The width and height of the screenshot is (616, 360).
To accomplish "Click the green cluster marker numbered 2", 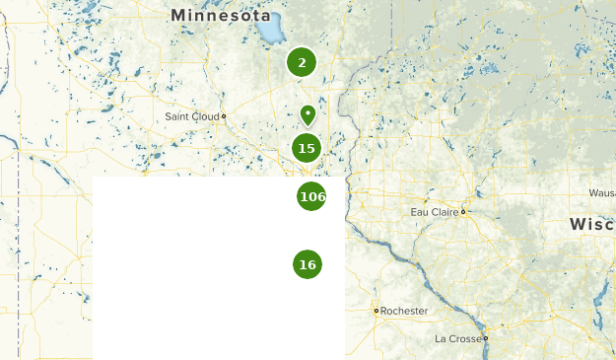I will (302, 62).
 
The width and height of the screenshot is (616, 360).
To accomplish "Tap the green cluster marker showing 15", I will (307, 148).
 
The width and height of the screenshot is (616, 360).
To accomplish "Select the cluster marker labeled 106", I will (311, 196).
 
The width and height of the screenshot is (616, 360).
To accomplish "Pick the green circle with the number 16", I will (308, 264).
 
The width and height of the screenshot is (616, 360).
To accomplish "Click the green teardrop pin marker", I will (308, 115).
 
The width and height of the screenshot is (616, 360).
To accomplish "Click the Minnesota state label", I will (220, 15).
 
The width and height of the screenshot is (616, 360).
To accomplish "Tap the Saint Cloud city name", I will (191, 116).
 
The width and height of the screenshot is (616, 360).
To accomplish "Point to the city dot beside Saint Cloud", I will (224, 116).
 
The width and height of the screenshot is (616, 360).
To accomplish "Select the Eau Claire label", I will (434, 211).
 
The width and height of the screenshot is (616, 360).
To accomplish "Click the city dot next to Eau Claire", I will (462, 211).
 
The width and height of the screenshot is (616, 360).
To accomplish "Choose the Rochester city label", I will (404, 311).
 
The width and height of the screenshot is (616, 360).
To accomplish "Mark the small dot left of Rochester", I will (376, 311).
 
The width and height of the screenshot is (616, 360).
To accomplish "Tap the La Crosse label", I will (458, 338).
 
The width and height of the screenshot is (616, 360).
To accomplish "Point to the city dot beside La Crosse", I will (485, 338).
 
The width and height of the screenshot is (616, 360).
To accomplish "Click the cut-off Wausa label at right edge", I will (601, 192).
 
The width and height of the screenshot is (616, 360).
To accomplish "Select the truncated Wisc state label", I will (591, 225).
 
